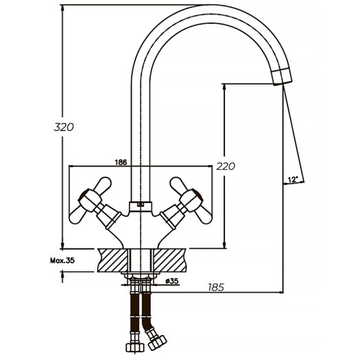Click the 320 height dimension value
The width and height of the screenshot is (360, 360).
[x=64, y=127]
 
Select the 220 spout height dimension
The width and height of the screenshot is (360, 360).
[x=225, y=166]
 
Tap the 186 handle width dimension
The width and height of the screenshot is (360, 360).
[x=120, y=162]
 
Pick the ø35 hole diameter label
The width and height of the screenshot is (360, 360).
[x=172, y=281]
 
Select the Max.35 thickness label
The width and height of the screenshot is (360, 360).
[x=63, y=260]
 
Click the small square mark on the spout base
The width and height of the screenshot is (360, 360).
[x=140, y=204]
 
